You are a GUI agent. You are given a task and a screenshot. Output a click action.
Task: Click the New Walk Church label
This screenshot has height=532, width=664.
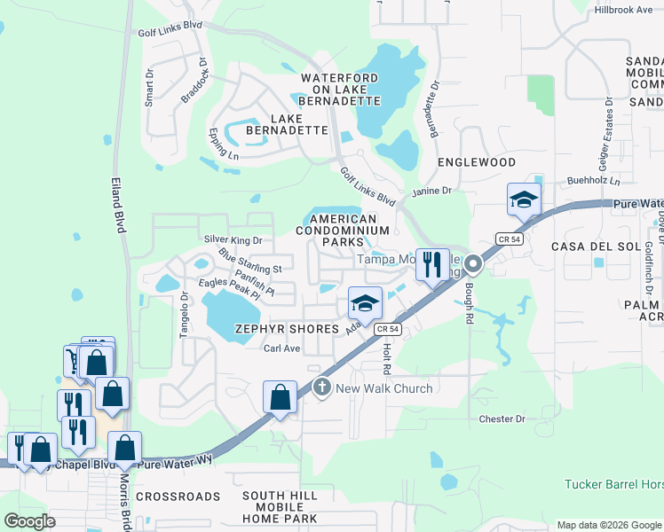[383, 388]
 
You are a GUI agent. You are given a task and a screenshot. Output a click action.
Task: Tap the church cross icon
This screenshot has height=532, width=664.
[321, 387]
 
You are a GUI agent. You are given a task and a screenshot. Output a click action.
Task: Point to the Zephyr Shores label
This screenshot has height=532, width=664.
[287, 328]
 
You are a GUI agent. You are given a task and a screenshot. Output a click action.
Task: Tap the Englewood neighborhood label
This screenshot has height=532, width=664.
[477, 163]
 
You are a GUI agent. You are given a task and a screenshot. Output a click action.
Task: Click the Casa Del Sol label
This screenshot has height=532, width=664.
[589, 246]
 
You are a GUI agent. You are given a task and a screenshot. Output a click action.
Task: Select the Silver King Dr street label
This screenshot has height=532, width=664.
[233, 239]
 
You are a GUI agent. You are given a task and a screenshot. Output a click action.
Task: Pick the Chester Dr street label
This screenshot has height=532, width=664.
[502, 419]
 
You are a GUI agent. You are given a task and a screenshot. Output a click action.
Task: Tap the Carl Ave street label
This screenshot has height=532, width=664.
[282, 348]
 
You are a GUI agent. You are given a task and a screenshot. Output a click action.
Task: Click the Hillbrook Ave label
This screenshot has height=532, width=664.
[623, 10]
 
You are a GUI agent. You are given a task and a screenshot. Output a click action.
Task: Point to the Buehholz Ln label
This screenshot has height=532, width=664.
[593, 181]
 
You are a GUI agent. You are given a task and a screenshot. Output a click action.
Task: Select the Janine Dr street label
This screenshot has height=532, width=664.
[431, 191]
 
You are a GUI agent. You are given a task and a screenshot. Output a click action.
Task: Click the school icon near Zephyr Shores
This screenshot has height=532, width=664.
[363, 304]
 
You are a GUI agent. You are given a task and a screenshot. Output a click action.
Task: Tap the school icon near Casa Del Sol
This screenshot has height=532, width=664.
[524, 199]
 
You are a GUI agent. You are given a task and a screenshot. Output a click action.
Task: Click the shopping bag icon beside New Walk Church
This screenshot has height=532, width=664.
[281, 398]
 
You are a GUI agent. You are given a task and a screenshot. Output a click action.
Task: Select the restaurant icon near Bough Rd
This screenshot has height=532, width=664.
[431, 264]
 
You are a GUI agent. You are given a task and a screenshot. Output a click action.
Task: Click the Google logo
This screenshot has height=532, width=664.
[29, 520]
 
